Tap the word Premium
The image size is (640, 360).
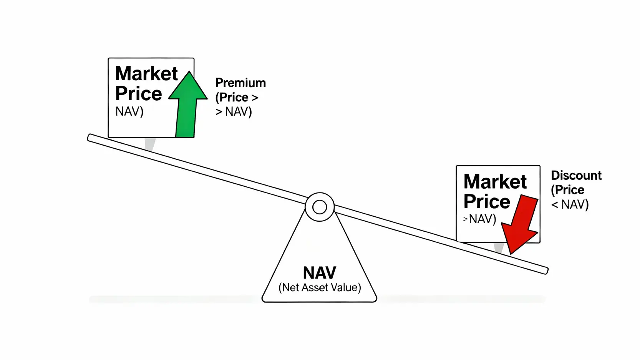point(240,83)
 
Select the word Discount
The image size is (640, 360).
point(576,176)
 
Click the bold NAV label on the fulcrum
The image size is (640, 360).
point(319,273)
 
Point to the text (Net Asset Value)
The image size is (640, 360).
point(319,287)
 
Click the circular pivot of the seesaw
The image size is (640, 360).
point(320,207)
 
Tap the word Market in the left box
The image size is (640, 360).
point(146,73)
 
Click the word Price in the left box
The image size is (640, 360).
point(138,94)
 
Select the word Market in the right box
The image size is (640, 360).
point(495,181)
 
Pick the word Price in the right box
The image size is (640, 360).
point(487,202)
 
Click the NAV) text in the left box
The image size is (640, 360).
point(129,111)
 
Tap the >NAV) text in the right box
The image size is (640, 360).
point(480,219)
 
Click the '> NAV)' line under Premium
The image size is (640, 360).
point(234,112)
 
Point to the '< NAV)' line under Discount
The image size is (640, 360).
point(570,204)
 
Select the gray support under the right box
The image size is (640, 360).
point(499,247)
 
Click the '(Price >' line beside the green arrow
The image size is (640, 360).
point(237,98)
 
